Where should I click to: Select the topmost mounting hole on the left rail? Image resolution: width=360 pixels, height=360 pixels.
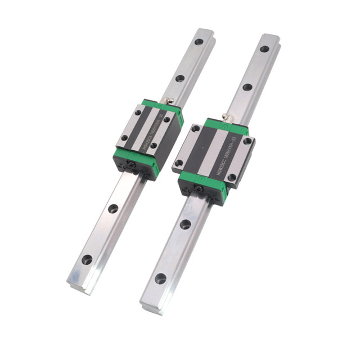tap(198, 41)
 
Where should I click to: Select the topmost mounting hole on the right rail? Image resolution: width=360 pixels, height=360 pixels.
tap(264, 49)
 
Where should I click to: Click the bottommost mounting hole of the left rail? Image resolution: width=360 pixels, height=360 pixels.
tap(87, 260)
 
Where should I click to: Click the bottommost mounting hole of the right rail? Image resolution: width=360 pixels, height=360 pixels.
tap(160, 278)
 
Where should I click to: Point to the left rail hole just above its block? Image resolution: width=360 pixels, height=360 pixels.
tap(180, 78)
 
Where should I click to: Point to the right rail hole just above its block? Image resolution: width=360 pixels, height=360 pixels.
tap(247, 88)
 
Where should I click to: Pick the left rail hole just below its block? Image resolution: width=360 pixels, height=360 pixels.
tap(113, 208)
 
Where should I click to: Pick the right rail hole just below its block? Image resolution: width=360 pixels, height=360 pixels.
tap(185, 224)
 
